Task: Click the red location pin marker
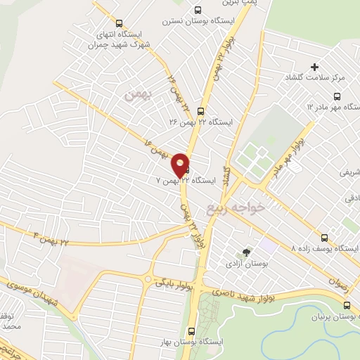tap(181, 164)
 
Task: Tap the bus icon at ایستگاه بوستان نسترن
tap(198, 11)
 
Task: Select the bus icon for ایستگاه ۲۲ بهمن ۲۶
tap(201, 110)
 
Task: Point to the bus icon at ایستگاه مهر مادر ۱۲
tap(337, 96)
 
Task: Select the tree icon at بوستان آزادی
tap(246, 252)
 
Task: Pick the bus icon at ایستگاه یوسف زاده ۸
tap(324, 238)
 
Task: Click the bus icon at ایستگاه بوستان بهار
tap(191, 330)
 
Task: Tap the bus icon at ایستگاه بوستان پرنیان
tap(346, 305)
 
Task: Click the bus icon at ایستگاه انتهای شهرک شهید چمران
tap(118, 23)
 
